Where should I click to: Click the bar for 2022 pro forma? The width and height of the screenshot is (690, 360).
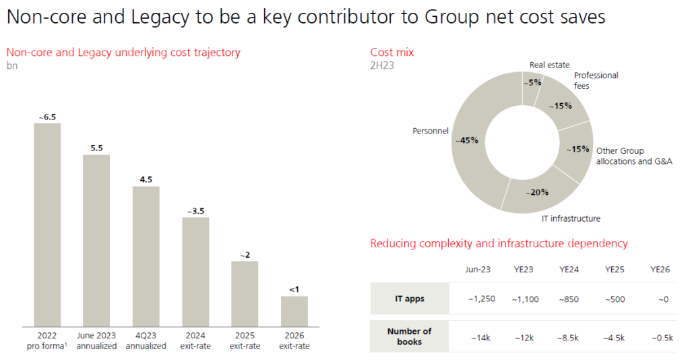(x=47, y=224)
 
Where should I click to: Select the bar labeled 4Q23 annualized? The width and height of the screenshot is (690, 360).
(x=146, y=256)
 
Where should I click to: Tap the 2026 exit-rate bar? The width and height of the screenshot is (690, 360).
(x=294, y=311)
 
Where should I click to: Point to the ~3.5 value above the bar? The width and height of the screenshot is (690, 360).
(x=195, y=211)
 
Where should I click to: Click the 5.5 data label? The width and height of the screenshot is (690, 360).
(x=96, y=148)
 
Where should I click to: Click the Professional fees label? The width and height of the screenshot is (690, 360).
(x=596, y=81)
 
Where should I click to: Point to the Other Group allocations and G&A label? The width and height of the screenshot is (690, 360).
(x=633, y=156)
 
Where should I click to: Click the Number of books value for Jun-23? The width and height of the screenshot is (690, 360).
(x=477, y=336)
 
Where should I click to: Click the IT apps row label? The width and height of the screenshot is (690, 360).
(x=409, y=299)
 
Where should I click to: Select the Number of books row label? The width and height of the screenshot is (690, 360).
(x=409, y=336)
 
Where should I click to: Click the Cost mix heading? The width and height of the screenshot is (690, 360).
(x=393, y=53)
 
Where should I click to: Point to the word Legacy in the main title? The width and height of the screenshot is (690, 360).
(x=166, y=17)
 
